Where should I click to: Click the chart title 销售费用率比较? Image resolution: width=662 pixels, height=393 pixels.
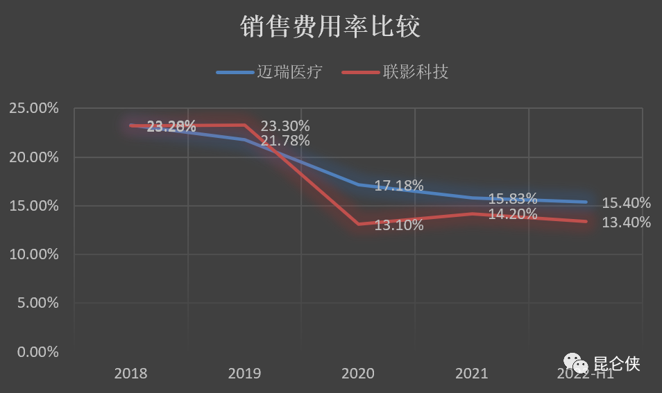tap(331, 27)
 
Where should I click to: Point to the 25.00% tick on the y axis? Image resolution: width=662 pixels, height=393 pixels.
tap(33, 108)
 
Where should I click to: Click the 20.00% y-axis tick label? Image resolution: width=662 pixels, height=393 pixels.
tap(33, 157)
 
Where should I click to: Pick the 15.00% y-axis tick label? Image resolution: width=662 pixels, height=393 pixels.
tap(33, 205)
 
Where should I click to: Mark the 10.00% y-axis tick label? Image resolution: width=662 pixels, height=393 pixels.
tap(33, 254)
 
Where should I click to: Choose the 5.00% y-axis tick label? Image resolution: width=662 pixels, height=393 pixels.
tap(37, 303)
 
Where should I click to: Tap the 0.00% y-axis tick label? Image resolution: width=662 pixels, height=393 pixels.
tap(37, 351)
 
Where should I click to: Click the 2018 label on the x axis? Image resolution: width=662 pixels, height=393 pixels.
tap(130, 374)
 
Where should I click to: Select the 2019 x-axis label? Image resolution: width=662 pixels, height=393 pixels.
tap(244, 374)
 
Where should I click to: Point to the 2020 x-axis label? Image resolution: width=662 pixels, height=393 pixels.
tap(358, 374)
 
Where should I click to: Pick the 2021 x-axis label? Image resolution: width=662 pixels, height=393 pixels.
tap(472, 374)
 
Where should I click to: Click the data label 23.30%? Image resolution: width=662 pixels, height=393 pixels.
tap(285, 126)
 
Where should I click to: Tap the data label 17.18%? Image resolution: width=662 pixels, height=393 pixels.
tap(399, 186)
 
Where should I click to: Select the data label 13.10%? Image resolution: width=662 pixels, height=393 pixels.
tap(399, 225)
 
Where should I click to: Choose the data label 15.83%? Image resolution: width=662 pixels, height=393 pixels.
tap(513, 198)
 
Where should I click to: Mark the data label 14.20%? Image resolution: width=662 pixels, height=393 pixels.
tap(513, 214)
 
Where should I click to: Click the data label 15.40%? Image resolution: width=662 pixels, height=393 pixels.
tap(627, 203)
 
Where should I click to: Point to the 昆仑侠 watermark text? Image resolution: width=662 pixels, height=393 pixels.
tap(617, 363)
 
